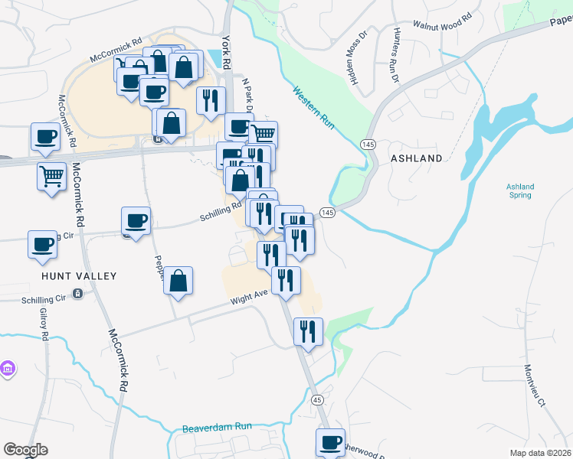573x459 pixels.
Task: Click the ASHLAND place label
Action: pyautogui.click(x=417, y=158)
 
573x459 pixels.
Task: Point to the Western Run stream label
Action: pyautogui.click(x=315, y=108)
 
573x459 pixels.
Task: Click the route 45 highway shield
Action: pyautogui.click(x=317, y=399)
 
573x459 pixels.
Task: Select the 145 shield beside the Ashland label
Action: pyautogui.click(x=368, y=145)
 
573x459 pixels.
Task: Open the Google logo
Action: pyautogui.click(x=25, y=450)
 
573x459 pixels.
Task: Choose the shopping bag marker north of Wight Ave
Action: pyautogui.click(x=178, y=281)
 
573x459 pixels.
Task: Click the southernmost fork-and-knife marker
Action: pyautogui.click(x=307, y=330)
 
